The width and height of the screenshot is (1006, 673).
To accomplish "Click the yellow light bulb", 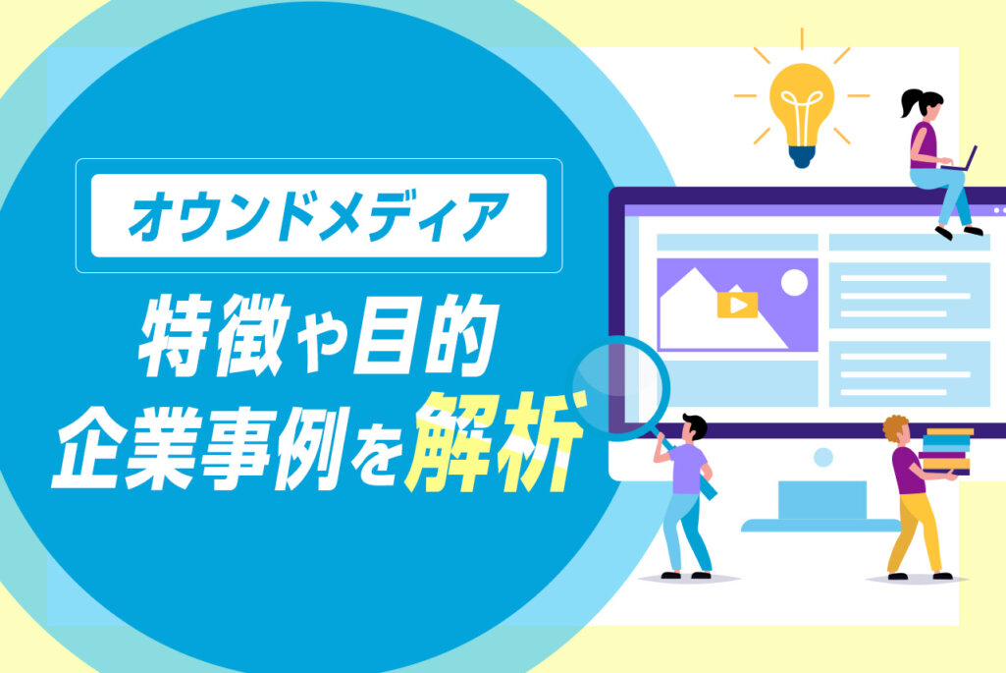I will pyautogui.click(x=802, y=103).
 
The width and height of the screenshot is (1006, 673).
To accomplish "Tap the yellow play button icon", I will pyautogui.click(x=737, y=305).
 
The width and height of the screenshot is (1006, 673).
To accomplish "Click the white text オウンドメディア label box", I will pyautogui.click(x=318, y=216).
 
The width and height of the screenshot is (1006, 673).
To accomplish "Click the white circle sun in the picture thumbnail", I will pyautogui.click(x=793, y=283).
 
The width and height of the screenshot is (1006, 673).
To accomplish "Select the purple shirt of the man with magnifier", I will pyautogui.click(x=690, y=469).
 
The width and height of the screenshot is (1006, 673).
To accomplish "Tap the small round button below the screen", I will pyautogui.click(x=822, y=457).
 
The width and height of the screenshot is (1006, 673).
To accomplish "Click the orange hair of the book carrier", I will pyautogui.click(x=894, y=427).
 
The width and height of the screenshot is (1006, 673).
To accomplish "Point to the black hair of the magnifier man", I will pyautogui.click(x=695, y=425).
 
